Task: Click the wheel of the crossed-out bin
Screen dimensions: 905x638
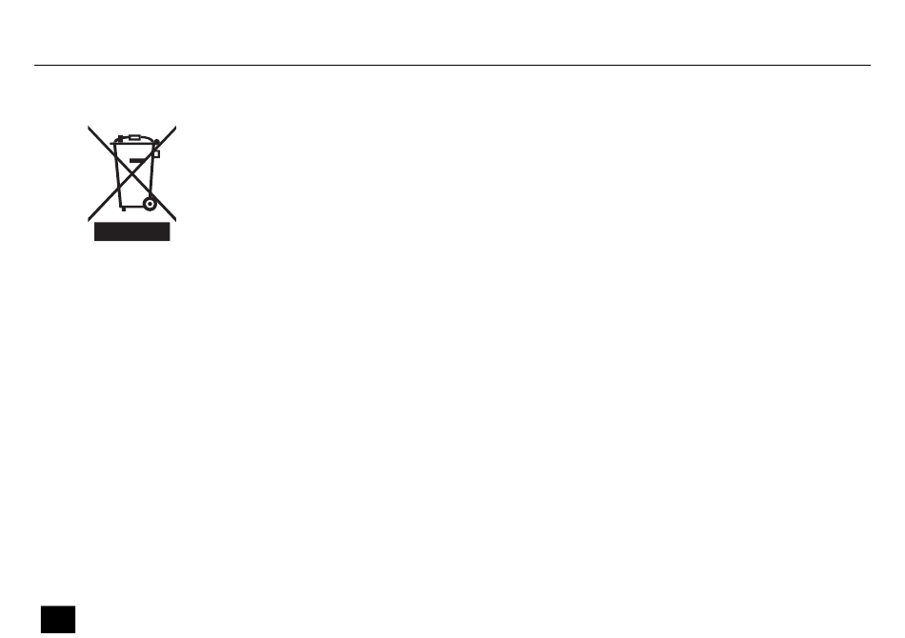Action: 149,203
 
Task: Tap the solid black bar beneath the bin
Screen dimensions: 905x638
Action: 131,231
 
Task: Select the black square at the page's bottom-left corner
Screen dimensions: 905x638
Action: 57,618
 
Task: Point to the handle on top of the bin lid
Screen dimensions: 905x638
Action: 134,137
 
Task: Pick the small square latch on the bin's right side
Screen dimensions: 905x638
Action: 156,153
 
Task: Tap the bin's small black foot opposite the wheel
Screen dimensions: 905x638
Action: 120,208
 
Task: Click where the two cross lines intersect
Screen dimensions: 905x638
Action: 132,172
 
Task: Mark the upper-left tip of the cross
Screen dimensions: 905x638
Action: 89,127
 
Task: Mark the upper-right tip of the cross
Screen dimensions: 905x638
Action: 176,126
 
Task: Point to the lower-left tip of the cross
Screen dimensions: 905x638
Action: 89,219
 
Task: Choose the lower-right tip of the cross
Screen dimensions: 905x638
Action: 176,219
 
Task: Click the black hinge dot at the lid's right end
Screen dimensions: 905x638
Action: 157,143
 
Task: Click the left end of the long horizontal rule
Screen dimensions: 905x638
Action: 35,66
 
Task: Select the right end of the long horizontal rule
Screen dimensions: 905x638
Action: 870,66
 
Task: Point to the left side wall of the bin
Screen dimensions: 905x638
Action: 116,176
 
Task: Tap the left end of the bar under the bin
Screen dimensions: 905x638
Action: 95,231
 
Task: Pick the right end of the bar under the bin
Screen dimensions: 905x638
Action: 169,231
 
